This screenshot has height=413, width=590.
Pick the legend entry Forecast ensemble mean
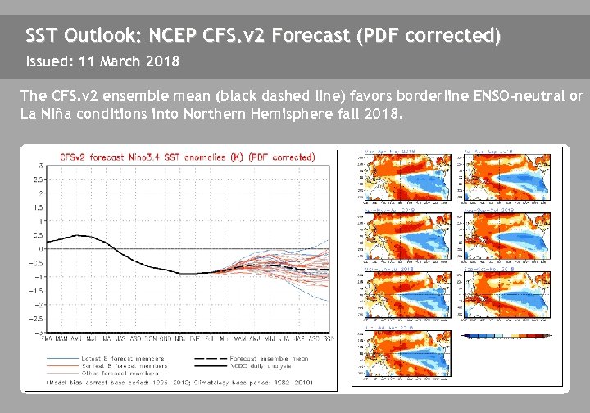[262, 357]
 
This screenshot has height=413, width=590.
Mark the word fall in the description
[349, 114]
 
